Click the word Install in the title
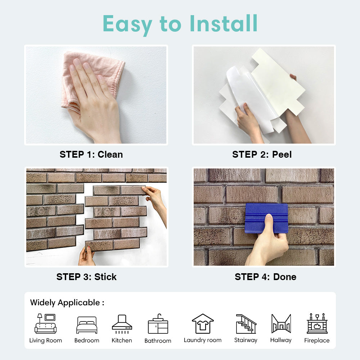click(224, 23)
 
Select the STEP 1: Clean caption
click(91, 154)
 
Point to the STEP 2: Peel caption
click(262, 154)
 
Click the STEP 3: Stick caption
click(86, 277)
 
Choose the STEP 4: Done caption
click(265, 277)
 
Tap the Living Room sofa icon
click(45, 324)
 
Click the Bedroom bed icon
click(87, 325)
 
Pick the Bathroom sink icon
click(158, 324)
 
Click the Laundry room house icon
click(203, 324)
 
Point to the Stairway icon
click(246, 324)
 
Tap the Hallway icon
click(281, 324)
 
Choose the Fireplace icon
click(317, 323)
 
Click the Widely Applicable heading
click(67, 303)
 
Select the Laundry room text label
click(203, 340)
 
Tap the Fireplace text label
click(317, 340)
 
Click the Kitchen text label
click(122, 340)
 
